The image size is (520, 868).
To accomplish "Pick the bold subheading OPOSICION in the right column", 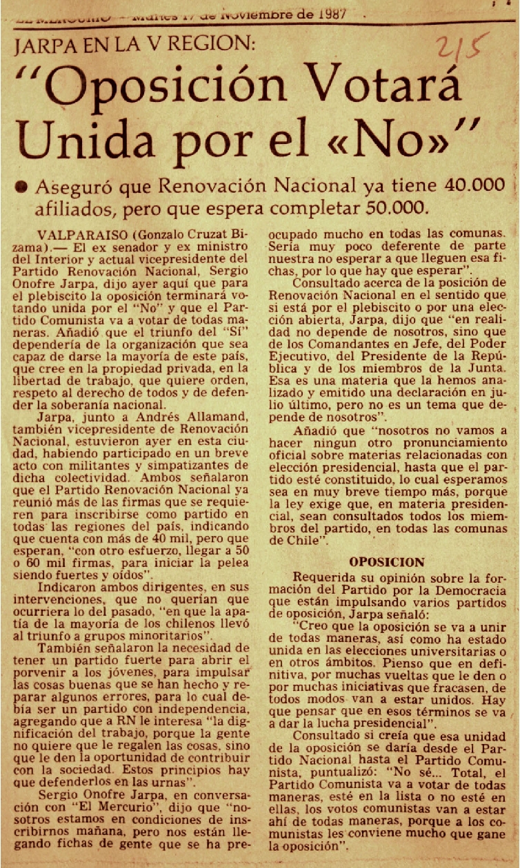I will pos(386,562).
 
